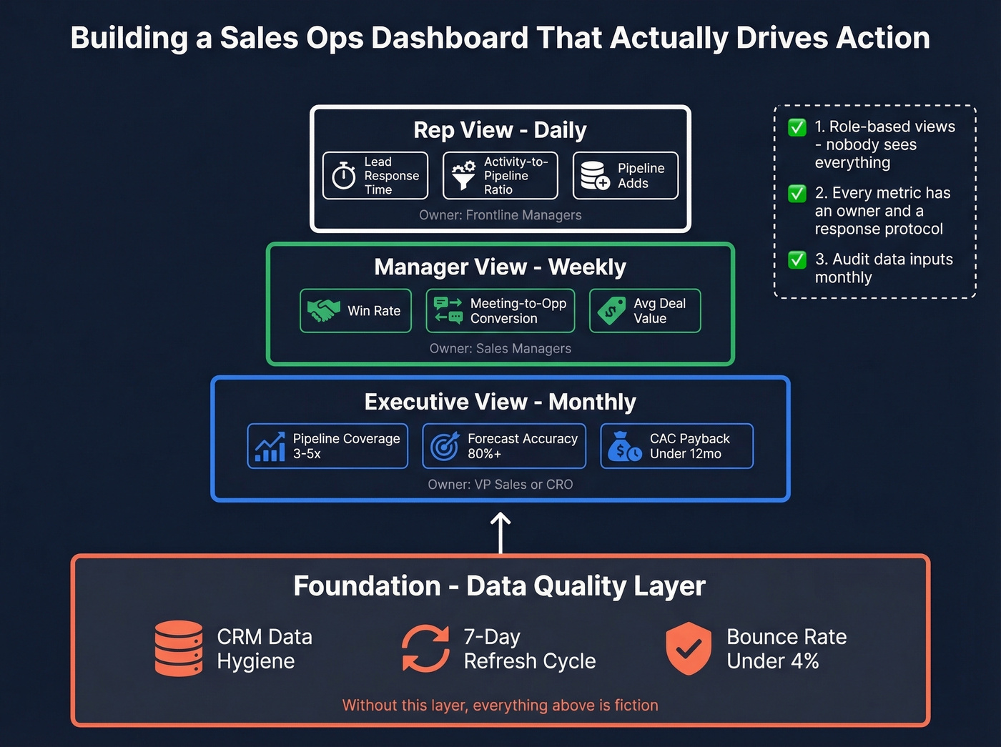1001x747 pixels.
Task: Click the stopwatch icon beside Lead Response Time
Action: (344, 175)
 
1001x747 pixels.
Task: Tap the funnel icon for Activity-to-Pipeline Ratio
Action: (463, 175)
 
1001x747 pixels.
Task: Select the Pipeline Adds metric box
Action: (626, 175)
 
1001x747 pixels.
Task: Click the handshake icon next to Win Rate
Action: (323, 310)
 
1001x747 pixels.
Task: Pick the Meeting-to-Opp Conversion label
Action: (518, 311)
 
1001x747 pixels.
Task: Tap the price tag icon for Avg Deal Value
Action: (612, 311)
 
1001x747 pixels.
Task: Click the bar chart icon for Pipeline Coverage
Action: (270, 447)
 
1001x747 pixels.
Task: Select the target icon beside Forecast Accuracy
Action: (445, 447)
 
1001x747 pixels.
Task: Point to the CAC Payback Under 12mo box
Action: (676, 446)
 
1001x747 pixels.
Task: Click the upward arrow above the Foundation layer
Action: (500, 532)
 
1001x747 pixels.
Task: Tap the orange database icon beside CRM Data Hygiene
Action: (179, 648)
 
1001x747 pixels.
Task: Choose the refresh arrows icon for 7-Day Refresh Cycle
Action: (425, 648)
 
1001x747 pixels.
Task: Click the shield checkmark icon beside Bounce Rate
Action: (689, 648)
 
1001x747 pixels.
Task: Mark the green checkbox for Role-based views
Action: (797, 127)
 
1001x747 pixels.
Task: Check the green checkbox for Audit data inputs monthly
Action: (797, 259)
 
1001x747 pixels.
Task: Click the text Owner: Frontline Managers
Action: (500, 215)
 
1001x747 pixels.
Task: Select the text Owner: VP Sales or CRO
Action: (500, 485)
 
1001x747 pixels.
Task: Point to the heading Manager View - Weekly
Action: (500, 267)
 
